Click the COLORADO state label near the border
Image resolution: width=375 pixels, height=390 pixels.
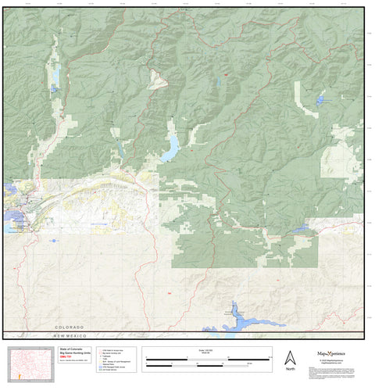pos(69,327)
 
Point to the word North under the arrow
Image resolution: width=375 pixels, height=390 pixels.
pos(290,368)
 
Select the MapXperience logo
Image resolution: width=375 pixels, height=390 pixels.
pos(337,353)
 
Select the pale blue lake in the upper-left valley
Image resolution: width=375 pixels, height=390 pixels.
pos(55,78)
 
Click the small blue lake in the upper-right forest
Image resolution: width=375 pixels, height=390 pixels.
pos(320,100)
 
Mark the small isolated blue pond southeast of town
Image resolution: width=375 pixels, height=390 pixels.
pos(53,241)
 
